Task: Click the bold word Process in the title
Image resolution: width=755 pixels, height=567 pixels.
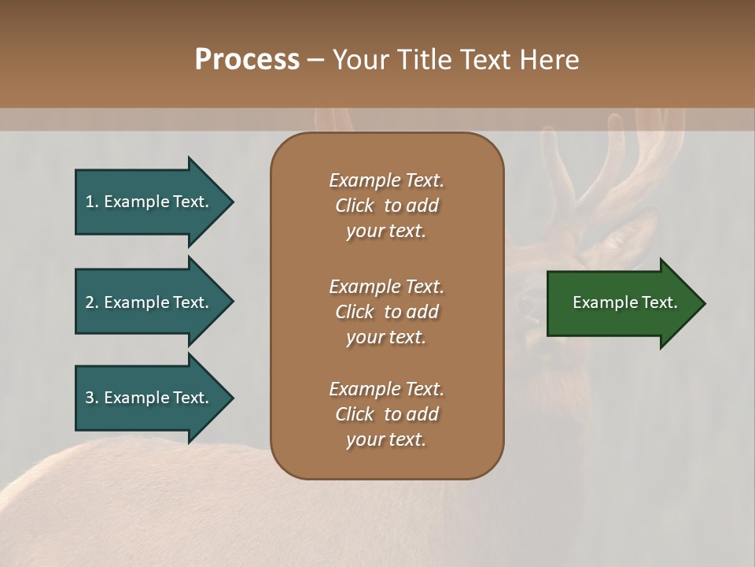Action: [247, 60]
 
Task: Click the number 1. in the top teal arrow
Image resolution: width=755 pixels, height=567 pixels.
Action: [91, 202]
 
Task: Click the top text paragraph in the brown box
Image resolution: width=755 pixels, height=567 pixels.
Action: [386, 206]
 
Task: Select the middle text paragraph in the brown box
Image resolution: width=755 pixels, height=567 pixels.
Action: [386, 312]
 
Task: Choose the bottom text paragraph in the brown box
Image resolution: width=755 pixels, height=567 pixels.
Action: [386, 414]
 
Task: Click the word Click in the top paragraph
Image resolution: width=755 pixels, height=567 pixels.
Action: [354, 206]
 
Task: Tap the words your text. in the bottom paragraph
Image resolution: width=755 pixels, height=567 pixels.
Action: [386, 439]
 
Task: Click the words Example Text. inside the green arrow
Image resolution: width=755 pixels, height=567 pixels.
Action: [625, 302]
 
